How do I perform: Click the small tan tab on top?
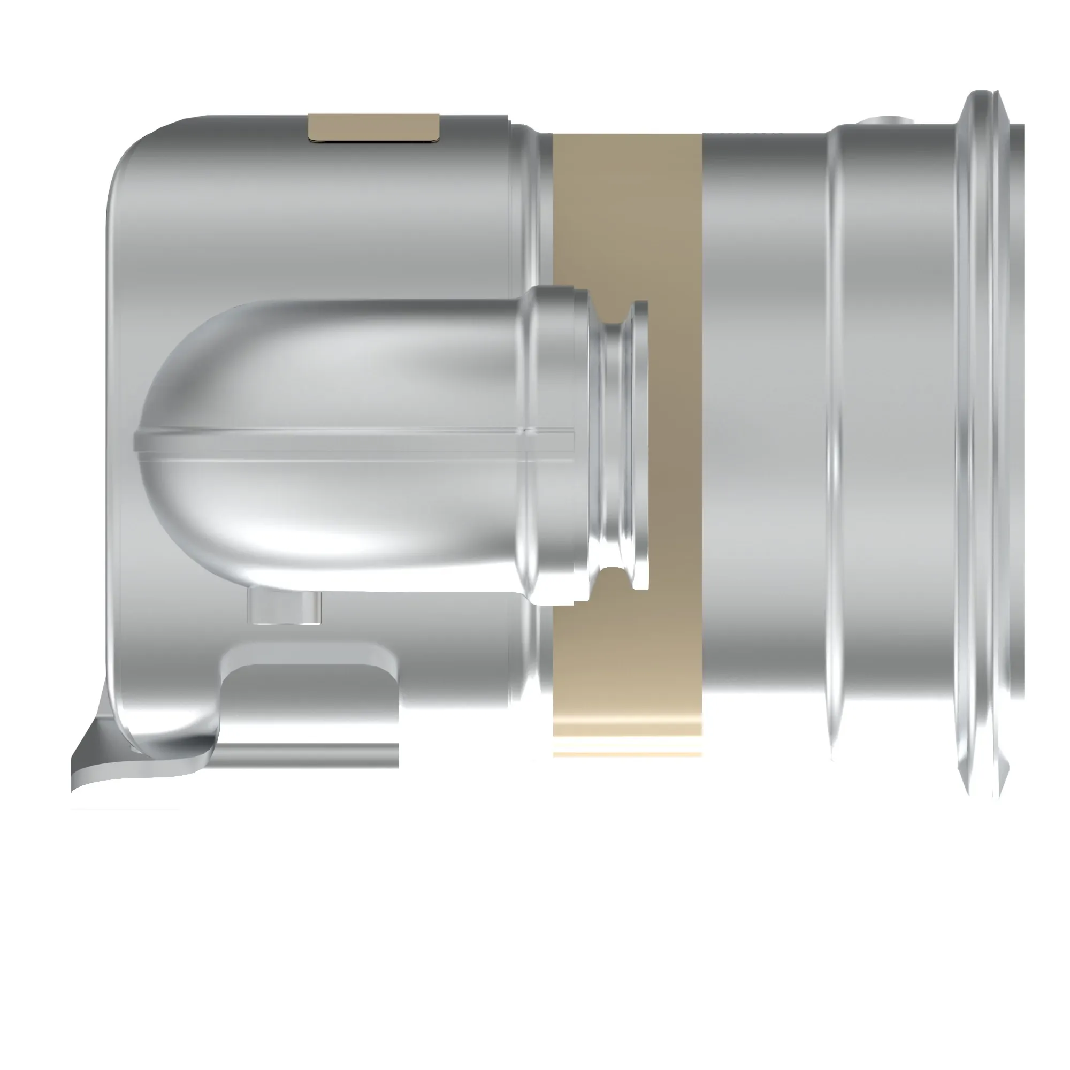(374, 127)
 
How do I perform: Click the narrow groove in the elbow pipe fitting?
(615, 443)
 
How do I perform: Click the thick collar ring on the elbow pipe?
(554, 443)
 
